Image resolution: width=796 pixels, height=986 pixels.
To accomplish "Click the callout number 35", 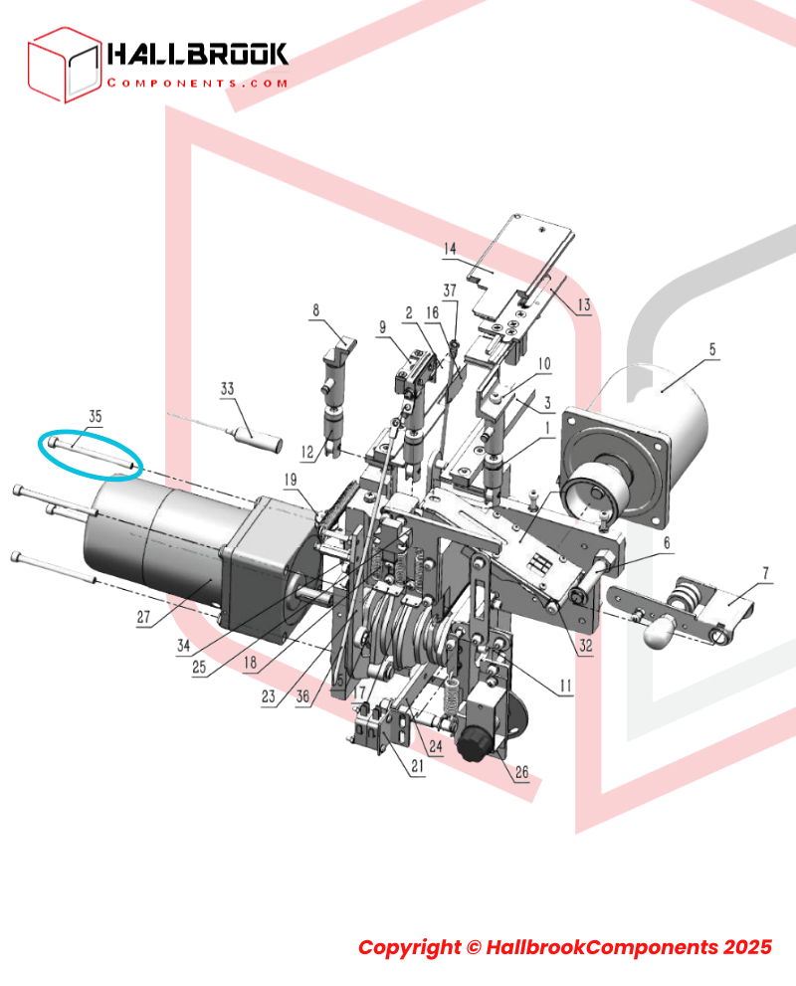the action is tap(95, 416).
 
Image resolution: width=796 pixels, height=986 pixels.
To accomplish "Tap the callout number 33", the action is tap(227, 389).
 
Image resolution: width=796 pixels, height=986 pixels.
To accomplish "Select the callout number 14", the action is tap(450, 249).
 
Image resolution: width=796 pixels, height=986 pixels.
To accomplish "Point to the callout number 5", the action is tap(711, 349).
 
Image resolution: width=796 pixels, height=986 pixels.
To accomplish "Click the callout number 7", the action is tap(765, 573).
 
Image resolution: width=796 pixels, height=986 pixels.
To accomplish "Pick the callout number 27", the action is tap(143, 617).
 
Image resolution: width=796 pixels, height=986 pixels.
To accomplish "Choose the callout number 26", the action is tap(521, 772).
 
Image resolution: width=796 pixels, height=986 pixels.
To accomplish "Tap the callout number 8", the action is tap(315, 310).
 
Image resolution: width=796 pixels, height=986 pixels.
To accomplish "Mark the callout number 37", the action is tap(450, 291).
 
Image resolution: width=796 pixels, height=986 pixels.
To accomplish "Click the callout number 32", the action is tap(586, 645).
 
